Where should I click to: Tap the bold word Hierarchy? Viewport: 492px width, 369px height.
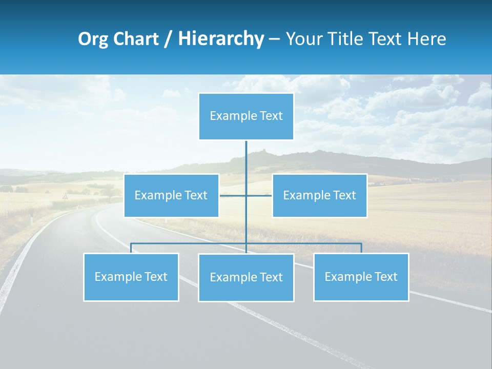coord(221,38)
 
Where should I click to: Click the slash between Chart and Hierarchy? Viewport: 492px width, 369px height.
coord(168,39)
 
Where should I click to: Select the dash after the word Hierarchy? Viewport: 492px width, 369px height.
coord(274,39)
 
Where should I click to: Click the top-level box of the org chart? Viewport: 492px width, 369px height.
coord(246,116)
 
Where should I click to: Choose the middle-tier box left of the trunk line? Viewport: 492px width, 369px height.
coord(171,195)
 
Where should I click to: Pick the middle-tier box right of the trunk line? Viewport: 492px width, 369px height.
coord(319,195)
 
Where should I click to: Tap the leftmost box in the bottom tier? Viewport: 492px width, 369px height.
coord(131,277)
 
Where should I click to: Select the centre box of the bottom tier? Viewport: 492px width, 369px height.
coord(246,277)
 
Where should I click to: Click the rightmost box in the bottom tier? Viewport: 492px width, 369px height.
coord(361,277)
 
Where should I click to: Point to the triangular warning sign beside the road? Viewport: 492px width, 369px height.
coord(65,196)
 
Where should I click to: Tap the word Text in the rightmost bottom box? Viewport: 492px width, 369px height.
coord(385,277)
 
